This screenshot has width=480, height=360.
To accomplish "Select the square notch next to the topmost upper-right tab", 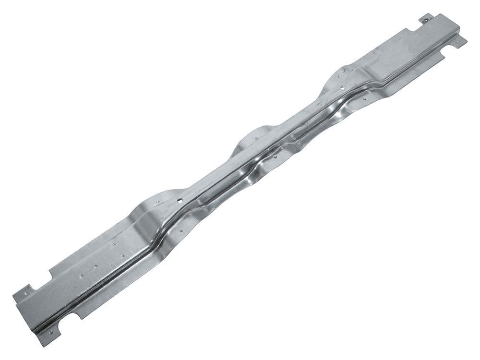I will (x=414, y=29).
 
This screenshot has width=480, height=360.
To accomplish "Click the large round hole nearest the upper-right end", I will (x=342, y=87).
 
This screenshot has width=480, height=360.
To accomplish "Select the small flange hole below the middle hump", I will (x=275, y=156).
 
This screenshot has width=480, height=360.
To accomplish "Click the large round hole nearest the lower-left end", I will (x=180, y=201).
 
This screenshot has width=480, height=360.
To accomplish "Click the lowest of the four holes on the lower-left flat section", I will (x=81, y=276).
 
